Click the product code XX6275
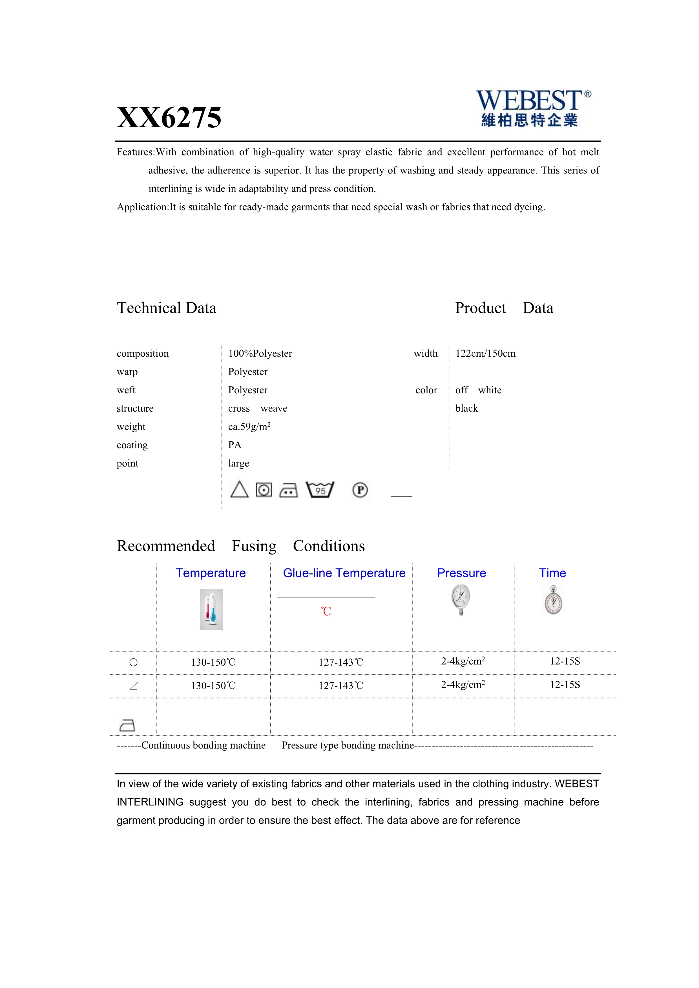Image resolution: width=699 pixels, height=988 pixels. [x=169, y=117]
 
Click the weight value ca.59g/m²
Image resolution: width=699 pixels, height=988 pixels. [x=249, y=427]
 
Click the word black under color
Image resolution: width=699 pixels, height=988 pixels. [x=466, y=408]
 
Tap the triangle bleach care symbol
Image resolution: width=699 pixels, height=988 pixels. [x=239, y=490]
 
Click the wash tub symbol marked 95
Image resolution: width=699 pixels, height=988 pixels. [x=320, y=490]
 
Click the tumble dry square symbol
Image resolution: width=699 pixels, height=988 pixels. [x=264, y=490]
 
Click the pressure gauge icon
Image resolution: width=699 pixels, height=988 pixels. [x=461, y=600]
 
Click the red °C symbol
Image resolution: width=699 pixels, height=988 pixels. [x=326, y=611]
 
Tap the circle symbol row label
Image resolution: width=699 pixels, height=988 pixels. [x=133, y=662]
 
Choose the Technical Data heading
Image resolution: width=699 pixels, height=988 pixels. [x=167, y=308]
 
